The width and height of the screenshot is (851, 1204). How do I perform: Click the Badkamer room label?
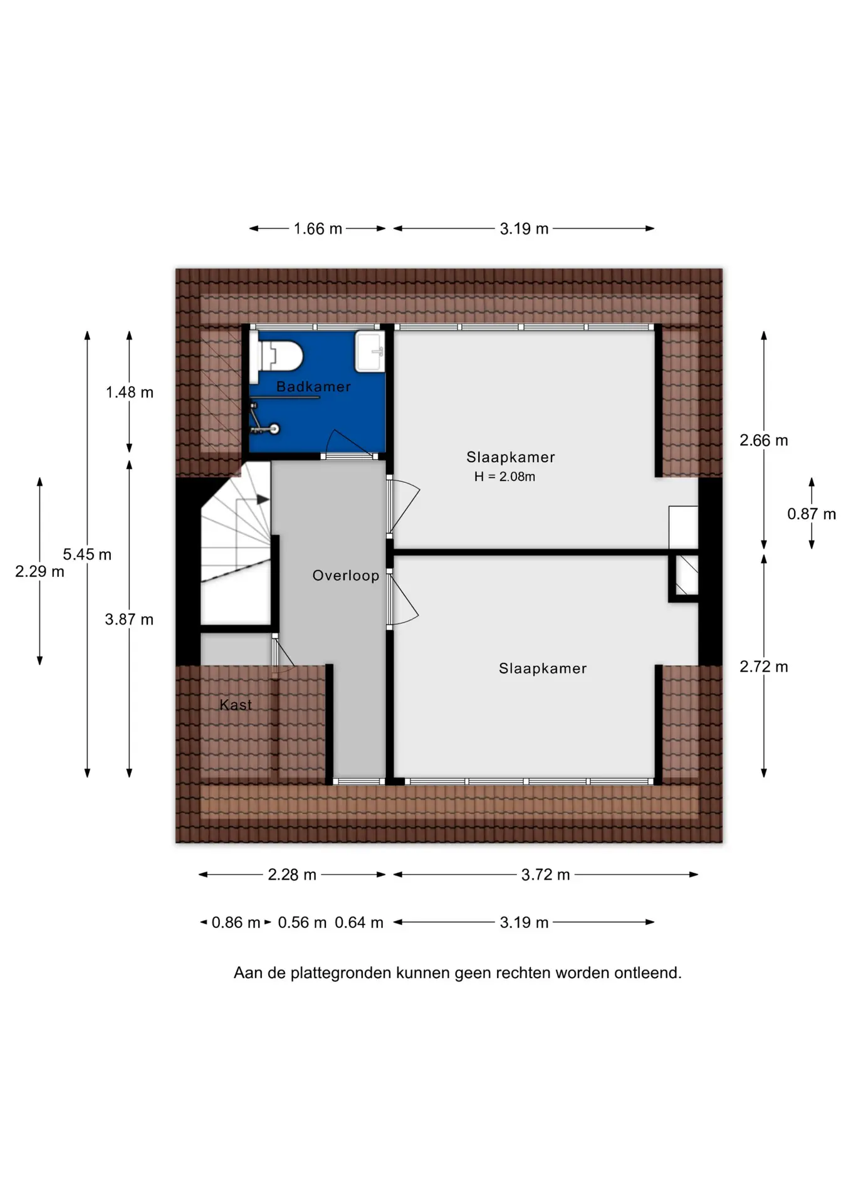tap(313, 387)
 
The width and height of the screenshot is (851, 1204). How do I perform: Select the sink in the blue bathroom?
tap(370, 352)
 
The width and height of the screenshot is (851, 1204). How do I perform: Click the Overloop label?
tap(346, 576)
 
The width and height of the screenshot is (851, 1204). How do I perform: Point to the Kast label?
tap(236, 705)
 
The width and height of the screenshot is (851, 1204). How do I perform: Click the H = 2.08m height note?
tap(504, 477)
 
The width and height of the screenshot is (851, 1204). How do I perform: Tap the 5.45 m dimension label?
tap(87, 554)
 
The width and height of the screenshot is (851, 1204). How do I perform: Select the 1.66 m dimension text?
tap(318, 229)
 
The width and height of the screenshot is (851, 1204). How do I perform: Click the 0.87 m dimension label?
tap(812, 514)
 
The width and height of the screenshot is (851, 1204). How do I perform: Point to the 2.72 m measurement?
tap(764, 667)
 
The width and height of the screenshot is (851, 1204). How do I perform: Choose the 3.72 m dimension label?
tap(546, 875)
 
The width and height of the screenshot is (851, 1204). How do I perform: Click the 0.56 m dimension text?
tap(302, 922)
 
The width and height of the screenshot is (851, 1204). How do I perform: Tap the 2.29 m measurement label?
tap(39, 571)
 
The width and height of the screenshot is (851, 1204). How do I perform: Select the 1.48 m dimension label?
tap(130, 393)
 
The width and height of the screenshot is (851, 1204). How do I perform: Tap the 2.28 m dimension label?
tap(292, 875)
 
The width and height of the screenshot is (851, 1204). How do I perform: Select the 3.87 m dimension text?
tap(129, 620)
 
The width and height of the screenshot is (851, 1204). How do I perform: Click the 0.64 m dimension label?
tap(359, 922)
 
